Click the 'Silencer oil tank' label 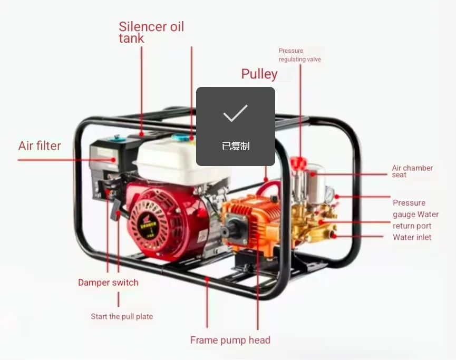coord(151,32)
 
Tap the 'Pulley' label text coord(259,74)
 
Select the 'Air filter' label coord(40,146)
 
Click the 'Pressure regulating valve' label coord(299,55)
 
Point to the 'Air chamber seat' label coord(412,171)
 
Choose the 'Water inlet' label coord(412,237)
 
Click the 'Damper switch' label coord(108,283)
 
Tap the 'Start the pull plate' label coord(122,317)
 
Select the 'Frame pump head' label coord(230,340)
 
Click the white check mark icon coord(235,113)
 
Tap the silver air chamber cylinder coord(316,182)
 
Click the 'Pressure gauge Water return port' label coord(415,215)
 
